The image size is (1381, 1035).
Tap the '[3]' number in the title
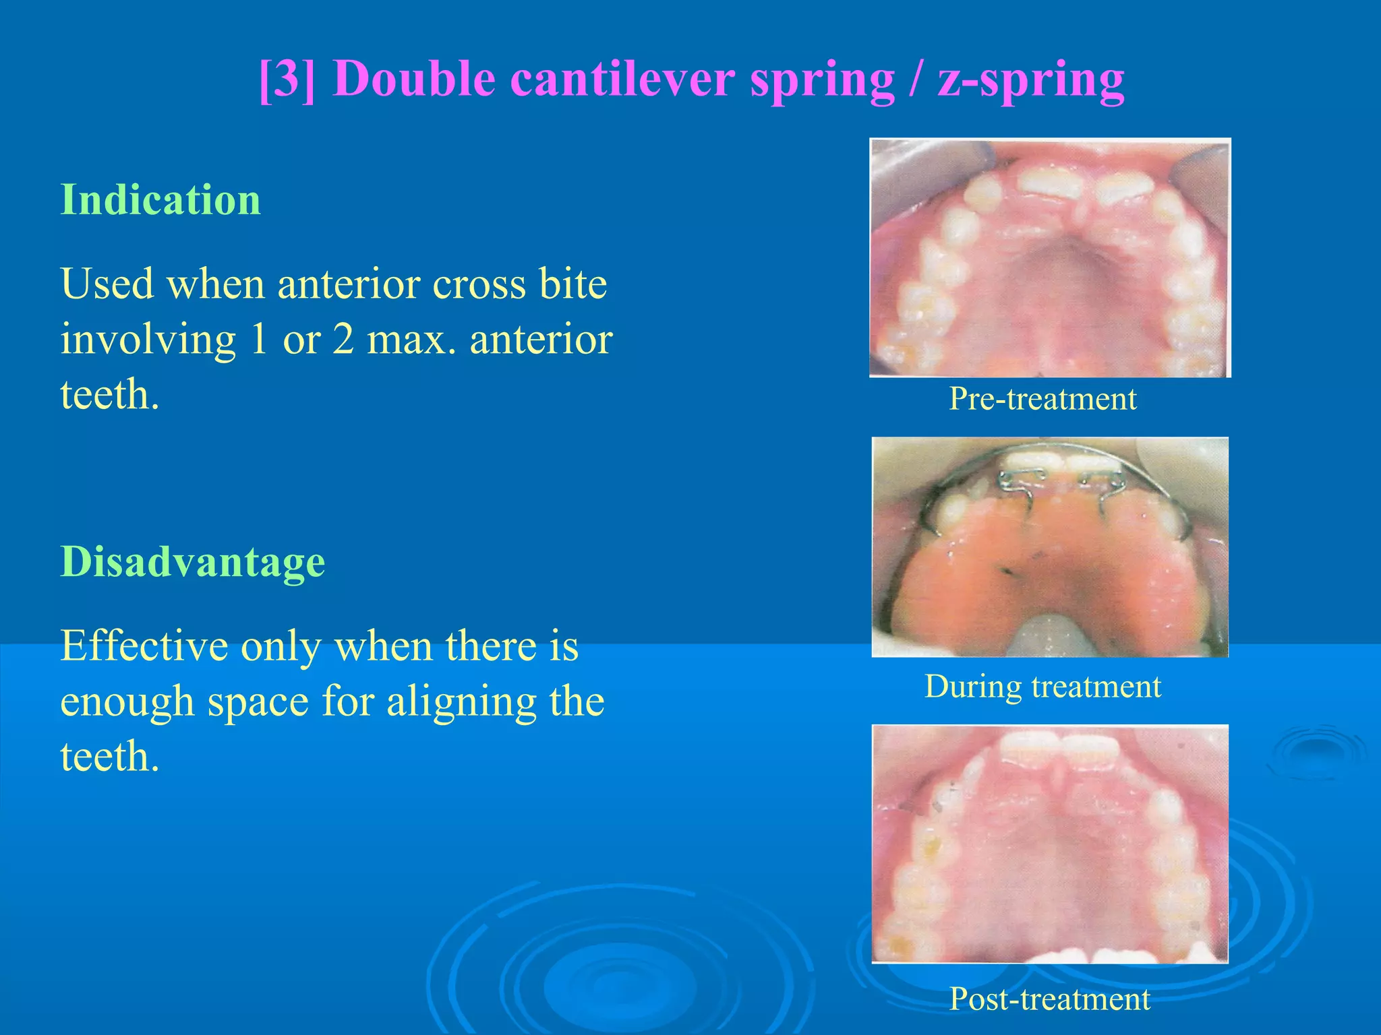point(287,79)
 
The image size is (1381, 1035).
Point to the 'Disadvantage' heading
point(193,561)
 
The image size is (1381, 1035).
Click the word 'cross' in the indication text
point(478,284)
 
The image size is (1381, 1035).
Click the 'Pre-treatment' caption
point(1042,398)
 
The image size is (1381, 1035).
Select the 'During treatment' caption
point(1042,687)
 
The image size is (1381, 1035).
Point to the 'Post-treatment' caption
point(1049,999)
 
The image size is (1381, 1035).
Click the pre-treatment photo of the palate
point(1049,257)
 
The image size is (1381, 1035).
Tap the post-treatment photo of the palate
point(1049,844)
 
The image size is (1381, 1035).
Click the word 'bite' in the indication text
point(572,284)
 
